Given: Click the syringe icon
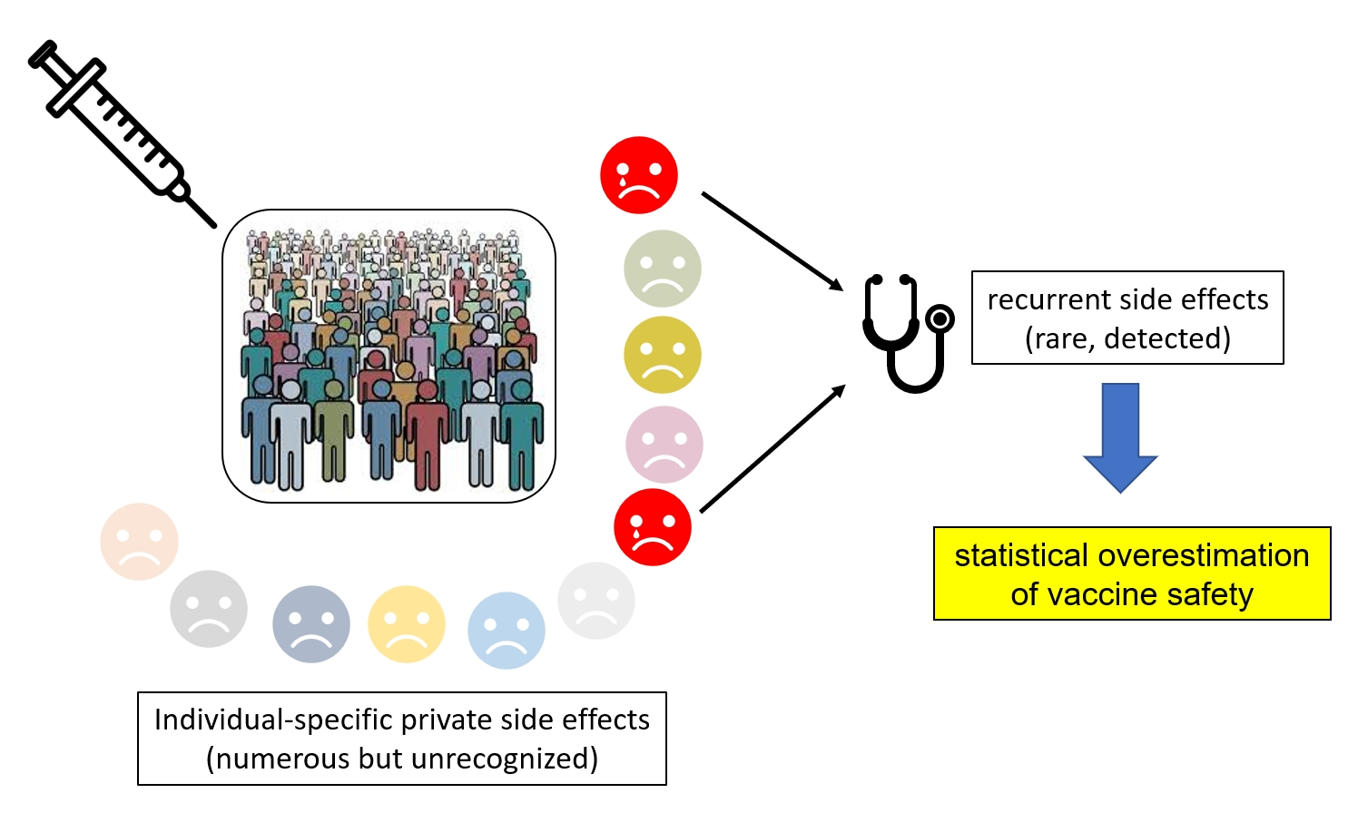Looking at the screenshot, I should [118, 132].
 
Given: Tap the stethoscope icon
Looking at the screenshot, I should [903, 331].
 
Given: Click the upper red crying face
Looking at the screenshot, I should [639, 175].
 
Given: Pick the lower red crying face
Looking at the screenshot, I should [652, 527].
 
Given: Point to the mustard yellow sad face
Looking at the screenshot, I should [663, 355].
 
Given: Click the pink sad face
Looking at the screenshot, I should [664, 445].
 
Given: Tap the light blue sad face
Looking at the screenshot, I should [507, 631].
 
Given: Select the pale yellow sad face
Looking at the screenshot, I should [407, 624].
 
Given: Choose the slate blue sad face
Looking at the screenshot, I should [311, 624].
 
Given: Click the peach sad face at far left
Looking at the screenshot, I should [139, 542].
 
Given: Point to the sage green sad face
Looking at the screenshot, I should [663, 269].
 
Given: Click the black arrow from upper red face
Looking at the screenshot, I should [772, 240].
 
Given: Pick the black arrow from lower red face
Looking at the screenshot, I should [772, 449].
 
